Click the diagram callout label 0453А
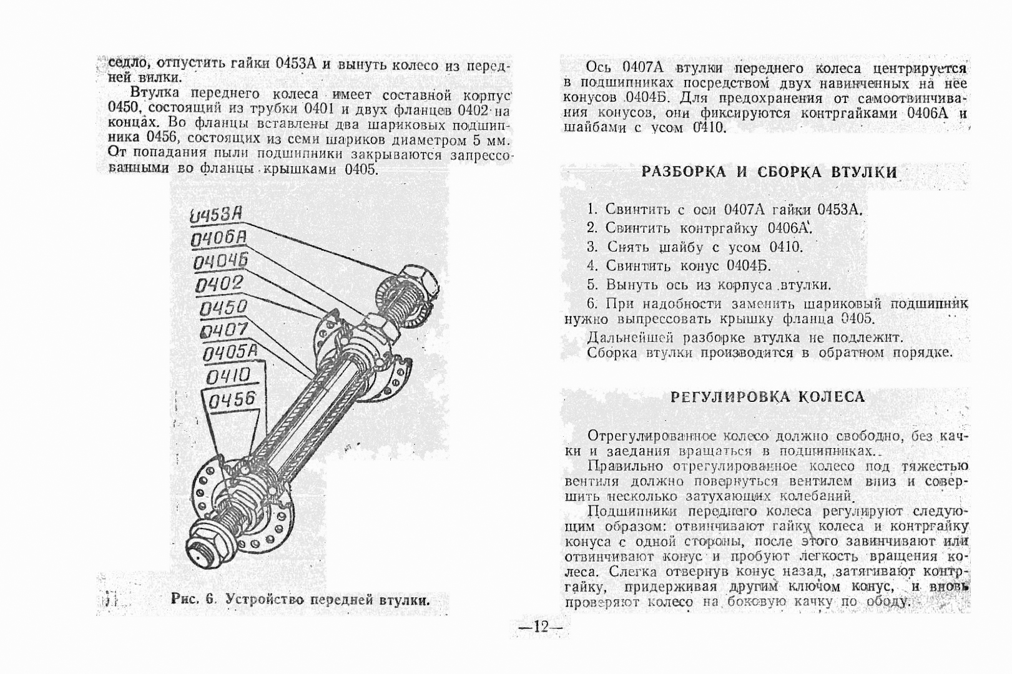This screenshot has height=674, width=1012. (215, 215)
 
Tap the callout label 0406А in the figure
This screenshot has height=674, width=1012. (219, 238)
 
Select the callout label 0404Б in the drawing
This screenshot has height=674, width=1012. (220, 261)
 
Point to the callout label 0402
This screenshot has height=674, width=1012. (219, 285)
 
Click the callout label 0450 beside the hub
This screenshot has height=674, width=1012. (223, 308)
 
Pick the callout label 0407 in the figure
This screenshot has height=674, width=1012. (225, 330)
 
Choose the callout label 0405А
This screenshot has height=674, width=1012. (230, 353)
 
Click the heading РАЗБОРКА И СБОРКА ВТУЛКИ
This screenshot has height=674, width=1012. (769, 172)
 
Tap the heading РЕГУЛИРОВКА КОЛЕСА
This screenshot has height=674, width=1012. (767, 397)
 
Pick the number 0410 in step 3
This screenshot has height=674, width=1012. (785, 247)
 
